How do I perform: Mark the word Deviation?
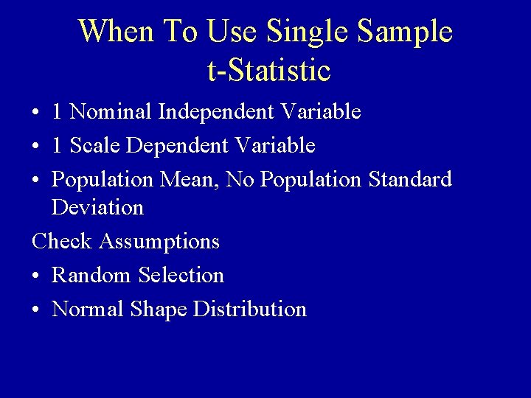click(97, 208)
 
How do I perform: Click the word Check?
click(62, 241)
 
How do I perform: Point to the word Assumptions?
click(159, 242)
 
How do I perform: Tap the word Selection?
click(181, 276)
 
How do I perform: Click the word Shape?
click(159, 310)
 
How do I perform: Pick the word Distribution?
click(249, 310)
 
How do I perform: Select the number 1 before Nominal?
click(58, 112)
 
